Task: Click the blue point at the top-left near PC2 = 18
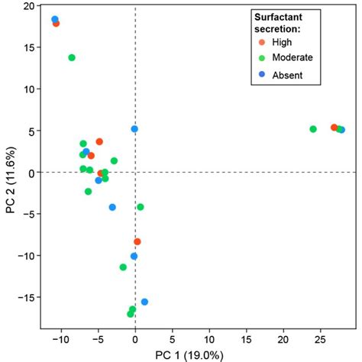(55, 19)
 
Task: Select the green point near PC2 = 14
(72, 57)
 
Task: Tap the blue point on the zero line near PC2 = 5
(134, 129)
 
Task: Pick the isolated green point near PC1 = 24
(313, 129)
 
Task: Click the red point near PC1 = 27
(334, 128)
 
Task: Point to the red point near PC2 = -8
(137, 241)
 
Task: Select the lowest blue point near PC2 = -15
(144, 302)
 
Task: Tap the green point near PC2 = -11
(123, 267)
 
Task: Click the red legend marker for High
(262, 41)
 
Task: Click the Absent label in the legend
(288, 75)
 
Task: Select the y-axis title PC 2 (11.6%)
(10, 173)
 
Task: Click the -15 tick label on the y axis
(24, 297)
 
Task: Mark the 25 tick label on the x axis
(321, 338)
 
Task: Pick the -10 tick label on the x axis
(60, 338)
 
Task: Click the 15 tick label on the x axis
(247, 338)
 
